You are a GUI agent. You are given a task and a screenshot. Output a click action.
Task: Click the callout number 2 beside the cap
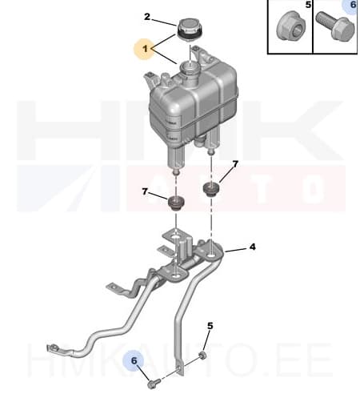(x=147, y=17)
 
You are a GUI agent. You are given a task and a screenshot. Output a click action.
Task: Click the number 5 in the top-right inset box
(x=309, y=6)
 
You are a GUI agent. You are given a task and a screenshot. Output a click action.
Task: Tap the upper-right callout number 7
(x=235, y=165)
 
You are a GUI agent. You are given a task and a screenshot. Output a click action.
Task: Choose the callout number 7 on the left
(x=144, y=193)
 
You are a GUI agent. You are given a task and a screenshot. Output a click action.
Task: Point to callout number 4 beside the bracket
(x=252, y=247)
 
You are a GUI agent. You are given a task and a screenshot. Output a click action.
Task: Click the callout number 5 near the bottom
(x=210, y=326)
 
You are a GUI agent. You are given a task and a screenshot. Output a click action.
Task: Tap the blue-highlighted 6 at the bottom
(x=134, y=363)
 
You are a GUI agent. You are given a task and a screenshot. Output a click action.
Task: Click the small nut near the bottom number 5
(x=203, y=354)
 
